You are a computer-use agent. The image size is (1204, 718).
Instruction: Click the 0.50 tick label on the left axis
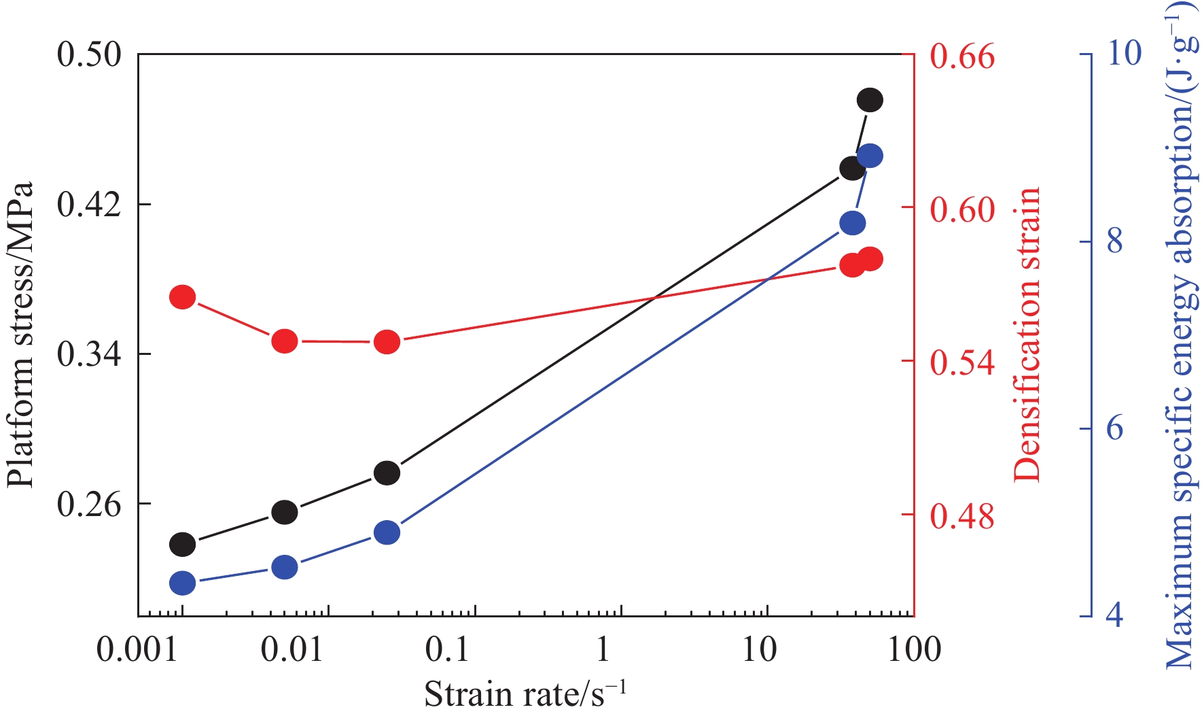pos(89,54)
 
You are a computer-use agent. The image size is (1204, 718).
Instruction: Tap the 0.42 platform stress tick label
pos(89,204)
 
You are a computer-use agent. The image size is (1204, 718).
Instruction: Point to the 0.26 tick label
pos(89,504)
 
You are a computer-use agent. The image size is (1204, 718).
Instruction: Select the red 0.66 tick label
pos(961,56)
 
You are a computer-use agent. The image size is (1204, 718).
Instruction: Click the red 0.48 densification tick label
pos(961,516)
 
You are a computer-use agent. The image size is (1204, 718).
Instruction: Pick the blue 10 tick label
pos(1125,53)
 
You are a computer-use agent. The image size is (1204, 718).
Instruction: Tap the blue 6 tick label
pos(1115,428)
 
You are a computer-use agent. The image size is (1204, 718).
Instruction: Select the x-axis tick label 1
pos(602,650)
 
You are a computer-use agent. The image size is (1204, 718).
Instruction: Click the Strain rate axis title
pos(525,694)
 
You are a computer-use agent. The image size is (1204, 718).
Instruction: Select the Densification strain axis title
pos(1027,335)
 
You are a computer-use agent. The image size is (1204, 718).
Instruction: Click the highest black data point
pos(870,100)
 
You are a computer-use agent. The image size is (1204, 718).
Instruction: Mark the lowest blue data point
pos(182,583)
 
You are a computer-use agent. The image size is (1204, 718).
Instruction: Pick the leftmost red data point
pos(182,297)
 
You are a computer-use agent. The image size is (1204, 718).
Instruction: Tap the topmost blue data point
pos(870,156)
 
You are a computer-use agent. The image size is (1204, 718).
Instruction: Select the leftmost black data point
pos(182,544)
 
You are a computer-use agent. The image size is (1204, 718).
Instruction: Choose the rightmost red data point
pos(870,259)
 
